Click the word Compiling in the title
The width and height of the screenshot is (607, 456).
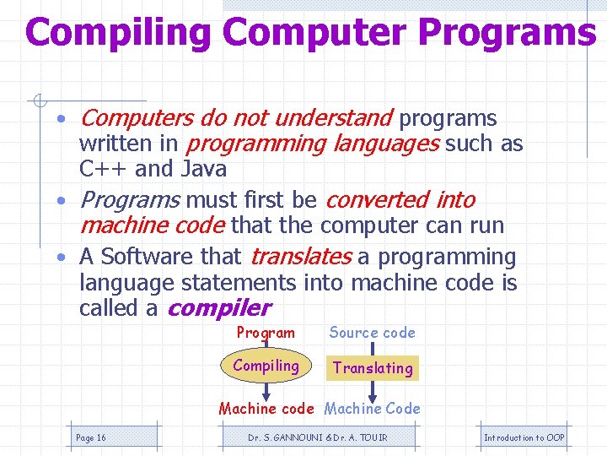coord(118,34)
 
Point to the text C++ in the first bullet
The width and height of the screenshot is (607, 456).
coord(104,169)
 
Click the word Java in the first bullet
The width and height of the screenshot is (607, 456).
coord(203,169)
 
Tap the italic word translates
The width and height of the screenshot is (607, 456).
coord(301,256)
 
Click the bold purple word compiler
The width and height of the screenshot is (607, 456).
coord(219,308)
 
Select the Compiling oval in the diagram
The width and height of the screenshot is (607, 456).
coord(266,366)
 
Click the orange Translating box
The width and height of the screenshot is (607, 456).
coord(373,367)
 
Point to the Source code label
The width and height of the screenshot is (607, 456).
coord(372,333)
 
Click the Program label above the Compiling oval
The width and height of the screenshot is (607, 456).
coord(266,333)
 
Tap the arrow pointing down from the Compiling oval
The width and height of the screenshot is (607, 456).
coord(266,390)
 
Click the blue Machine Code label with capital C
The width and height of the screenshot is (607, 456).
coord(372,409)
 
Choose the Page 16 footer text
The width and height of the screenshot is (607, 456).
coord(91,437)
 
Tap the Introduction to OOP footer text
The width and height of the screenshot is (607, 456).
coord(524,437)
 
